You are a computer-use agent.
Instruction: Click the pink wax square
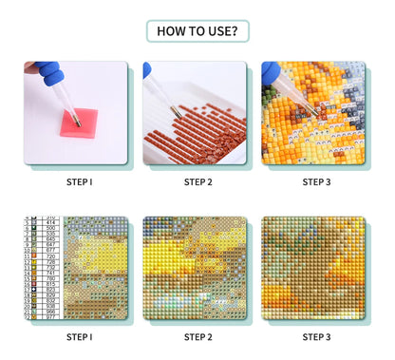(79, 122)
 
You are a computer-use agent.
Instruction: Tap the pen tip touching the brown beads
(174, 112)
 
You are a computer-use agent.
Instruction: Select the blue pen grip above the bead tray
(148, 70)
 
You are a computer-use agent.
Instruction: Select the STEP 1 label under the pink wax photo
(79, 181)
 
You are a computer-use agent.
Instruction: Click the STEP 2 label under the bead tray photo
(197, 181)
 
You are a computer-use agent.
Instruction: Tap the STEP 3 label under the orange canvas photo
(316, 181)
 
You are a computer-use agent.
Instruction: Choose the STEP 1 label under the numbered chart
(79, 336)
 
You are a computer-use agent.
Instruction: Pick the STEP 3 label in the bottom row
(316, 336)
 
